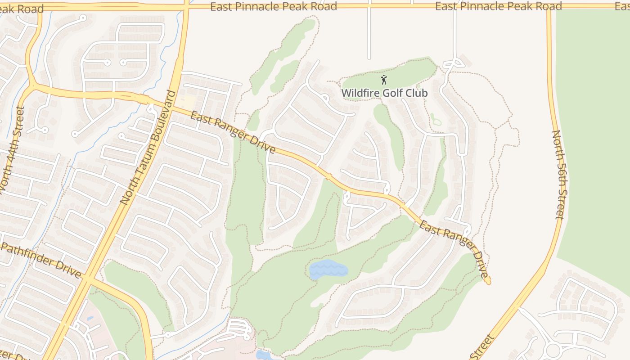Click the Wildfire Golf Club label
384,93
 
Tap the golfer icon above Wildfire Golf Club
384,80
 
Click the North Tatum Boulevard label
148,148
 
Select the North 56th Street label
557,175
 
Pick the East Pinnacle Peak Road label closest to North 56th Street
499,6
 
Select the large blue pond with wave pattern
328,270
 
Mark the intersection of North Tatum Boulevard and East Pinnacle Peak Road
186,6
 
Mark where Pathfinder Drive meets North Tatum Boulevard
88,280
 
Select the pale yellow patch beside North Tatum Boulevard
189,101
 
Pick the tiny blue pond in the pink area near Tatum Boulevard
90,319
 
